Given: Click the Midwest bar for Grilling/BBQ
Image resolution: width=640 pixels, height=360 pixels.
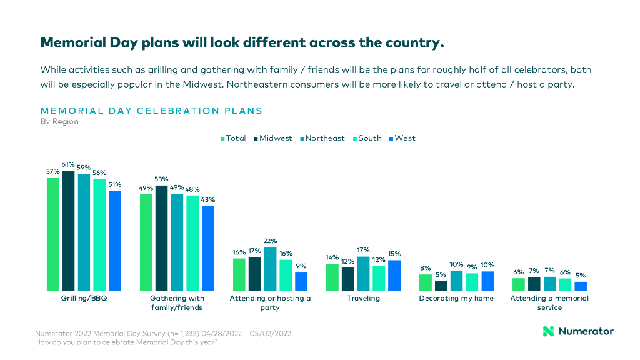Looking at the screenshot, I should coord(68,230).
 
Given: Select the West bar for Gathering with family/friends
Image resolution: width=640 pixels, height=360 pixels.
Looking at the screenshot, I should coord(207,248).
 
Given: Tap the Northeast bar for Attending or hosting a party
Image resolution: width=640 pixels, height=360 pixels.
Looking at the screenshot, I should coord(270,269).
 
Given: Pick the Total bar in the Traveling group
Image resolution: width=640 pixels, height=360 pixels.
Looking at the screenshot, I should coord(332,277).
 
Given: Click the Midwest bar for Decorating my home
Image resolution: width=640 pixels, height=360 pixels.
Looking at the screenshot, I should coord(441,286).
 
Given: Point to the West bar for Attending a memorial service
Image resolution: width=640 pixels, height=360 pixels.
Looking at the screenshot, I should coord(581,286).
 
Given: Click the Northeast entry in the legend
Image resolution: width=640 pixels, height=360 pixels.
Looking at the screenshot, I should coord(322,138).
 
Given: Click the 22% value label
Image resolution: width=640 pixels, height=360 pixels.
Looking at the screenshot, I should coord(270,241).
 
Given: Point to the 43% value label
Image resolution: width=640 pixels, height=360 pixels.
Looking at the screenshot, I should coord(207,199).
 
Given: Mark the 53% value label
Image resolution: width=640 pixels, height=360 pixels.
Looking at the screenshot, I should coord(161,179).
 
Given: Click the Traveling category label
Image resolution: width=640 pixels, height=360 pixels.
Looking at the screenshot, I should coord(363,299).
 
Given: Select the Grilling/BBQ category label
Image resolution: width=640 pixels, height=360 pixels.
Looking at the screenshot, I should coord(84,299).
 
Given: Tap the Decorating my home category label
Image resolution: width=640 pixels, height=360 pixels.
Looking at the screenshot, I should coord(456,299).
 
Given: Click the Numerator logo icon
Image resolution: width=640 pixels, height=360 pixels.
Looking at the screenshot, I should coord(548,331).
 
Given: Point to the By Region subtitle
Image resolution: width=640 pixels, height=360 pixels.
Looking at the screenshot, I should coord(59,122).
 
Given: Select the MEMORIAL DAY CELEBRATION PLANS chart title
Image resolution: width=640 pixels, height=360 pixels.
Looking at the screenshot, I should coord(151,111).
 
